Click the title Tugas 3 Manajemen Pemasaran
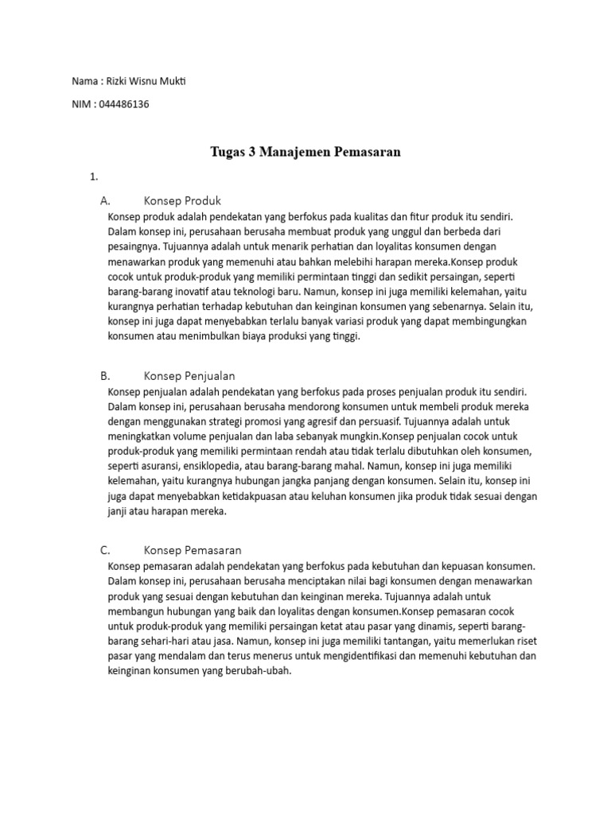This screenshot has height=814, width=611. coord(305,151)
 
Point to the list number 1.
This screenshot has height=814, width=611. coord(94,176)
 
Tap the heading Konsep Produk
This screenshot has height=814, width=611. coord(182,200)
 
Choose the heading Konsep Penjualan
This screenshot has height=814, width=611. coord(189,374)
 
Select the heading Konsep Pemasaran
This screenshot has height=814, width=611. coord(193,549)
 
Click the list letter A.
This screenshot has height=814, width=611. coord(105,200)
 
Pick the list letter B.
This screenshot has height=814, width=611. coord(104,374)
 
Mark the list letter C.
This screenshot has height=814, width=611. coord(104,549)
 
